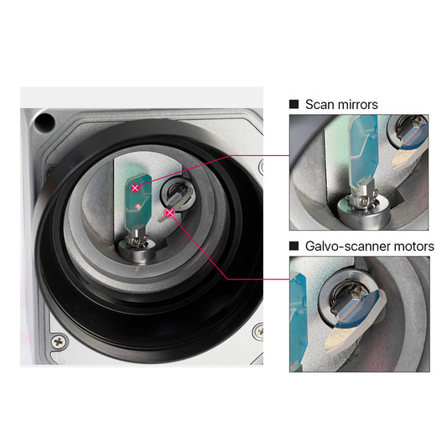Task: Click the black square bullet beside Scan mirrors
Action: [x=294, y=104]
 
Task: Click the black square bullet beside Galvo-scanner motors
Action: [x=294, y=246]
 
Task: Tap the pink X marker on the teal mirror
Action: [x=135, y=188]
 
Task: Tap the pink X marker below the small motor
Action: [x=170, y=213]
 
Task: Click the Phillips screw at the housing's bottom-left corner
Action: [x=59, y=341]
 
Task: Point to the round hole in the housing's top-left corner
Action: [x=44, y=122]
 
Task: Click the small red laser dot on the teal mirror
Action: [x=138, y=206]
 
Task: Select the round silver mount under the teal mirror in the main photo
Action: [x=137, y=251]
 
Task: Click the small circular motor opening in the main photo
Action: [x=174, y=194]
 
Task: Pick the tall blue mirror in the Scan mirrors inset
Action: [x=363, y=151]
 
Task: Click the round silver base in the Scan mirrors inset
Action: [x=363, y=211]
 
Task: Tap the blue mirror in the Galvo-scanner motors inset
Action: [x=360, y=309]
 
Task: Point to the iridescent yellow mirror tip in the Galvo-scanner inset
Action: [x=340, y=340]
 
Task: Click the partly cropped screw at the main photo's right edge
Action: [x=259, y=331]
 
